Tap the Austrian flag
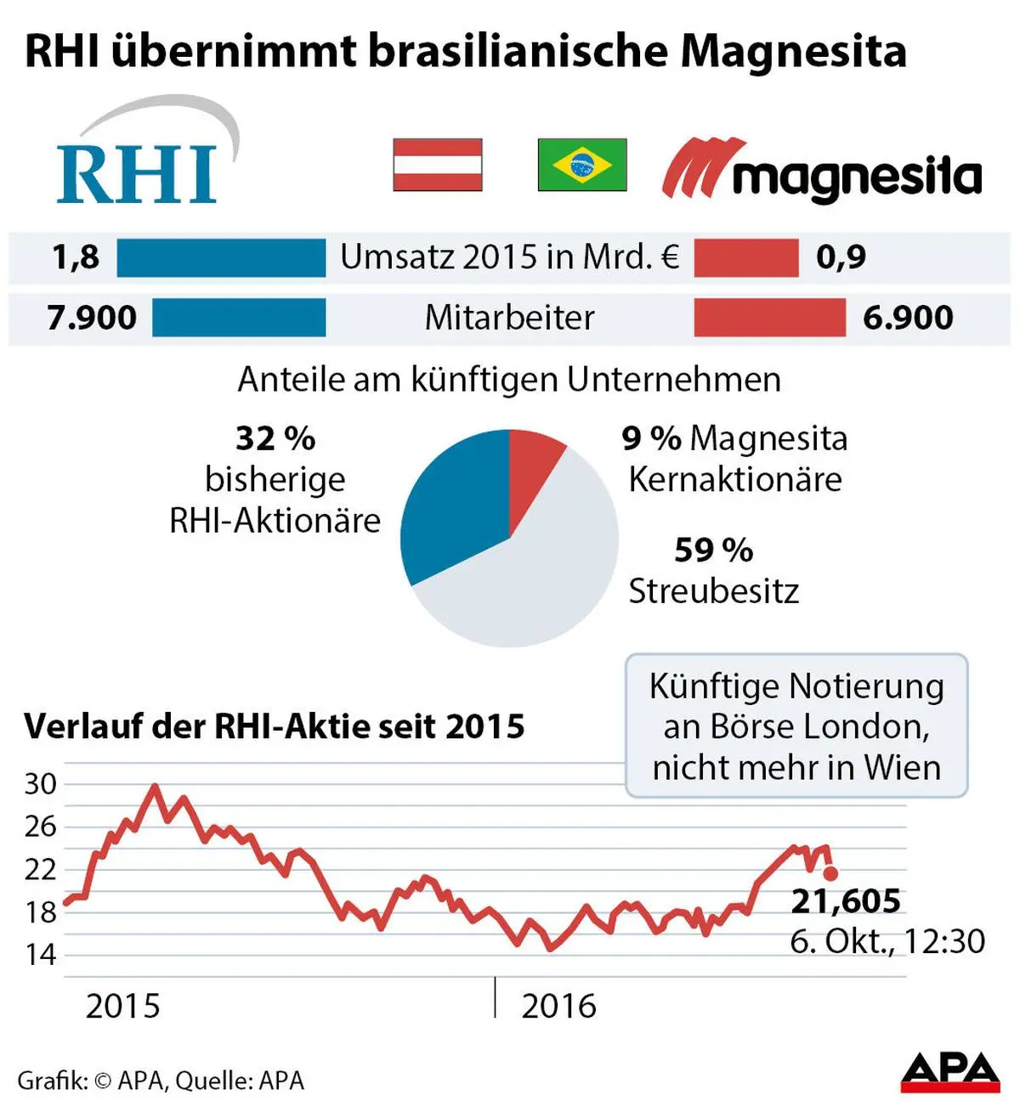click(x=438, y=165)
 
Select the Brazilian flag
click(x=582, y=165)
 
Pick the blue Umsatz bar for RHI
click(x=221, y=257)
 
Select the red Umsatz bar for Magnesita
click(x=746, y=257)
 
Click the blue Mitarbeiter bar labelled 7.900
click(x=239, y=318)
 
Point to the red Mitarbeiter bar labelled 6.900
click(x=769, y=318)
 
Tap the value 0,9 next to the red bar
click(x=841, y=257)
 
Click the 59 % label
click(x=714, y=550)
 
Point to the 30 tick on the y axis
click(x=40, y=784)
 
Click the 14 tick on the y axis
click(x=40, y=955)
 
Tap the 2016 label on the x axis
click(x=558, y=1007)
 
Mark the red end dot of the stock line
click(x=830, y=872)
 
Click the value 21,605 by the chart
click(x=846, y=901)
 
